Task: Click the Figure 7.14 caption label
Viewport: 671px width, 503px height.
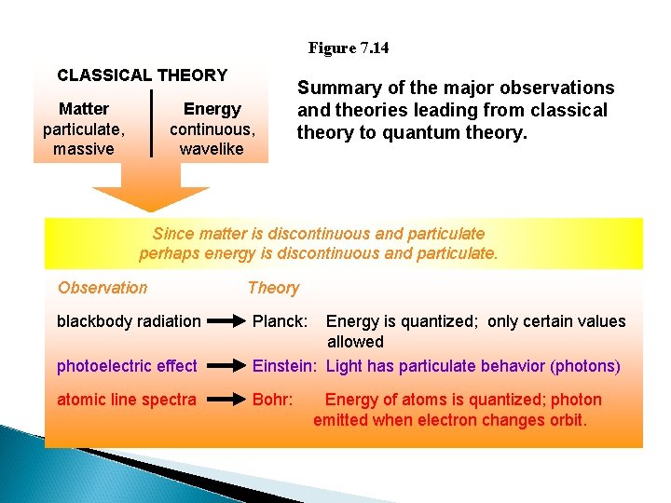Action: (x=349, y=48)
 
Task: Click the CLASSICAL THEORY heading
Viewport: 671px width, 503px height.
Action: (x=142, y=75)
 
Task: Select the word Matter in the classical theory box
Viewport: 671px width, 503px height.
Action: (x=84, y=109)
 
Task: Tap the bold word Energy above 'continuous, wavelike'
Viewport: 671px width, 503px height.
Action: (x=212, y=109)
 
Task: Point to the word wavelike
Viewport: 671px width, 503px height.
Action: (x=212, y=149)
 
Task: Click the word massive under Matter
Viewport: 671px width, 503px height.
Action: (x=84, y=149)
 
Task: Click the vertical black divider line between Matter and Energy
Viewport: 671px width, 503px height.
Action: (x=151, y=123)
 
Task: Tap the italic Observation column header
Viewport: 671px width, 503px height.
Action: (x=103, y=288)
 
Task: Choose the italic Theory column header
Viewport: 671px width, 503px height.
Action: (x=273, y=288)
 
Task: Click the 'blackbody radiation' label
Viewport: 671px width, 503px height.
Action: (x=129, y=321)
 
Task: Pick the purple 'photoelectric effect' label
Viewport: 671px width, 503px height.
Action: (x=127, y=366)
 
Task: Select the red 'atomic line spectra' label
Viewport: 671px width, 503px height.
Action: (x=127, y=400)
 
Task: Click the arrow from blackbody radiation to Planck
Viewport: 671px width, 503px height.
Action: (x=226, y=322)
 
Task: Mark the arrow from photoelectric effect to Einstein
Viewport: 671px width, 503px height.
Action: (x=226, y=367)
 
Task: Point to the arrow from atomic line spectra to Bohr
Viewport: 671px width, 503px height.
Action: (x=226, y=401)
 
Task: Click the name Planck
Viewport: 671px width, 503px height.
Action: (x=281, y=321)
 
